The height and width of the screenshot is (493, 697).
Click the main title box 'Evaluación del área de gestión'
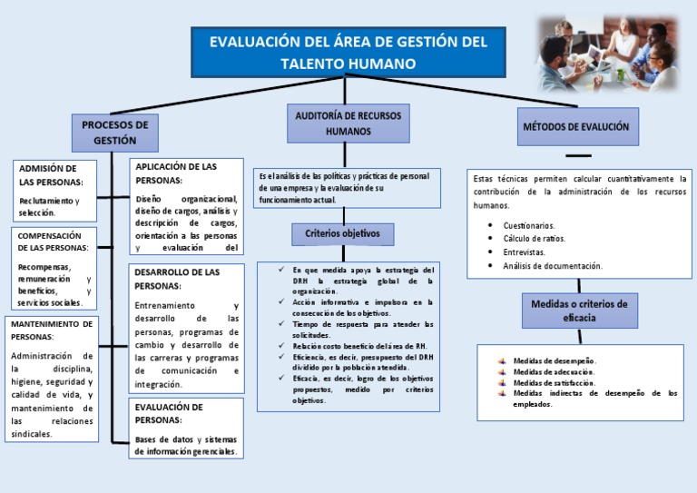coord(348,53)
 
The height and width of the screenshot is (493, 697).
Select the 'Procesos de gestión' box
coord(114,133)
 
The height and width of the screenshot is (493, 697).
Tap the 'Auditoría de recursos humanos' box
coord(348,123)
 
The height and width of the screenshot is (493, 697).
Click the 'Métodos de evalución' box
coord(575,127)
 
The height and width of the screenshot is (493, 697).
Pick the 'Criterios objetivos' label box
coord(343,234)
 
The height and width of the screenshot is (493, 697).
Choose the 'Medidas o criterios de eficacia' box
coord(579,311)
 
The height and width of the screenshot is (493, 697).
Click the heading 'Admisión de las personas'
coord(48,175)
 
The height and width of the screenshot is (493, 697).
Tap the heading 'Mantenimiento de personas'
coord(51,330)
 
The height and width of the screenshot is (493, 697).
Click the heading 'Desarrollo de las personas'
coord(176,278)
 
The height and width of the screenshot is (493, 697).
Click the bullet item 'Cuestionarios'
coord(529,224)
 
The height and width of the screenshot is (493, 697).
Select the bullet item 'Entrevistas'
coord(524,251)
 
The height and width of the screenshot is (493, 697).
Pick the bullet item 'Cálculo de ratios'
coord(534,238)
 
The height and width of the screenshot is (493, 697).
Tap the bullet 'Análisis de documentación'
coord(552,266)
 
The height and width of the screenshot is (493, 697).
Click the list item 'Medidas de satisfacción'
coord(554,382)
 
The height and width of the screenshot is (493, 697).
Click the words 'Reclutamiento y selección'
coord(49,206)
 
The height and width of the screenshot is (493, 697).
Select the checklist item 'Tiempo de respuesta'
coord(363,329)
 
